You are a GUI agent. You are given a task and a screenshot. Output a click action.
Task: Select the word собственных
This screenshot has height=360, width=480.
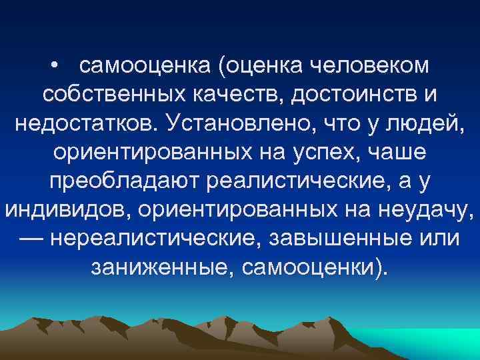click(x=103, y=95)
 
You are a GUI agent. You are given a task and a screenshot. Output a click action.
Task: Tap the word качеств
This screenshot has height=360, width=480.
click(x=219, y=95)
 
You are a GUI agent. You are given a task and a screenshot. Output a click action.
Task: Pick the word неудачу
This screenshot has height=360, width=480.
click(x=423, y=211)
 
